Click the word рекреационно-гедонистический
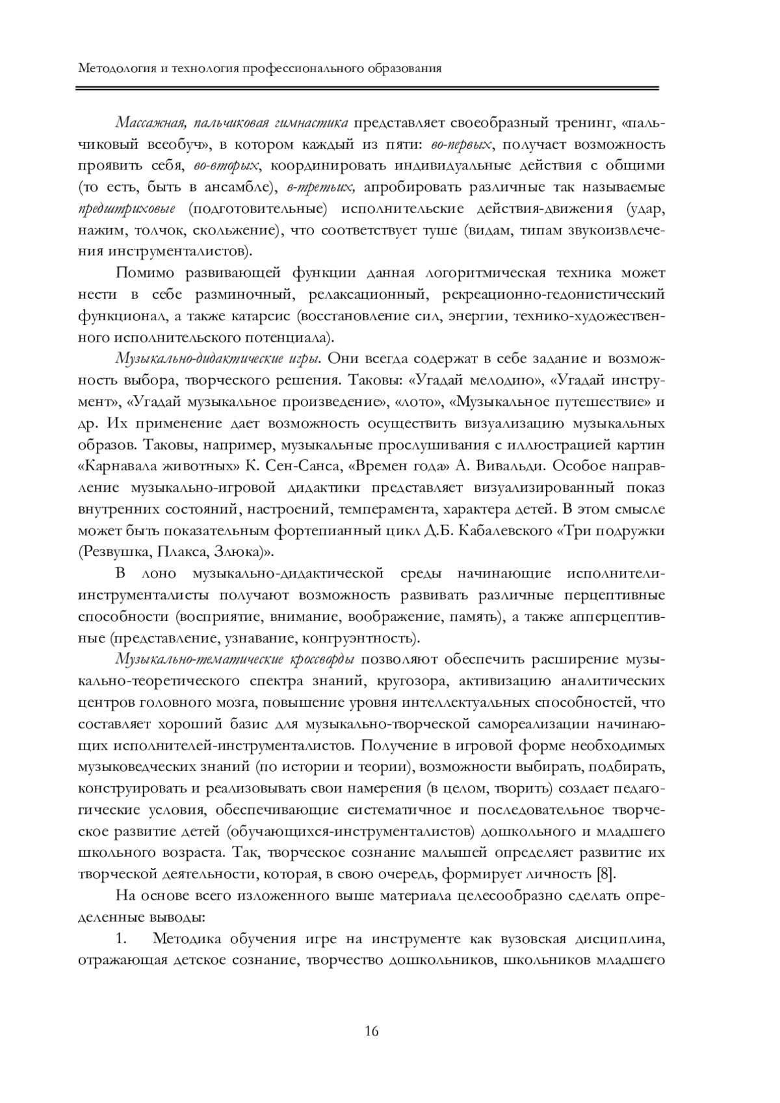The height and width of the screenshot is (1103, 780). tap(553, 294)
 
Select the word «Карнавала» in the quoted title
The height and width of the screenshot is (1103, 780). tap(113, 466)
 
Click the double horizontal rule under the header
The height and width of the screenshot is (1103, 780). tap(367, 88)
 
